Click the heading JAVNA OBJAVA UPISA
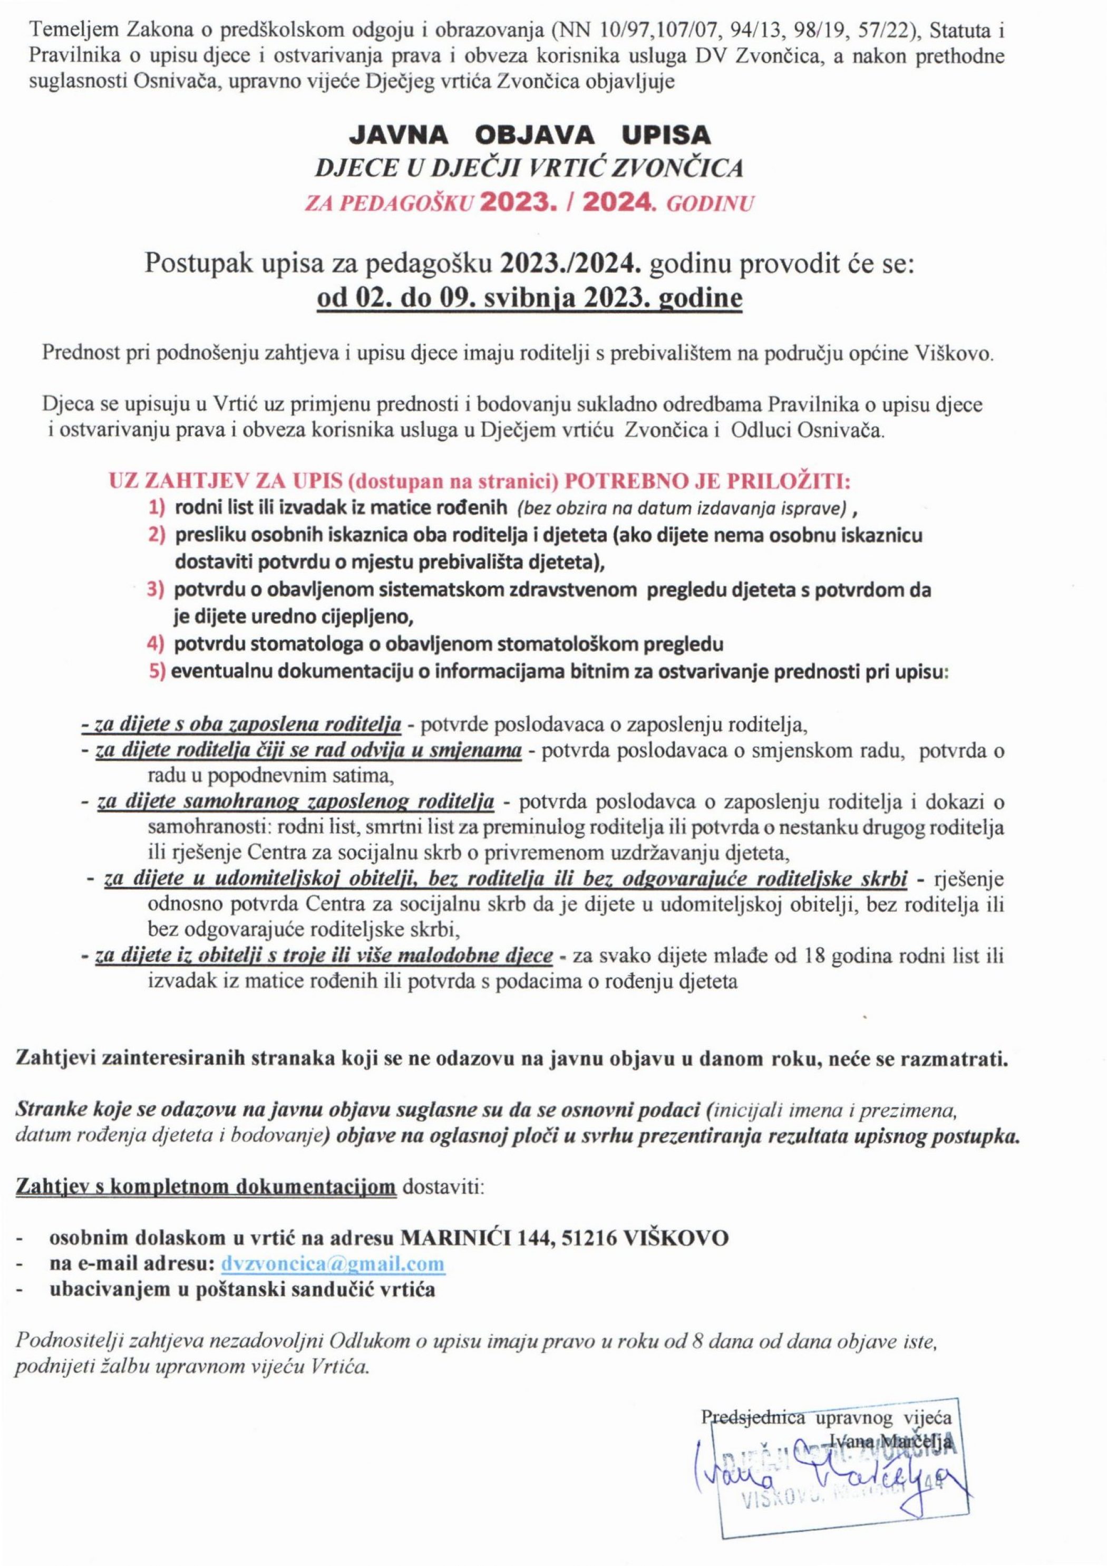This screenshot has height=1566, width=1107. tap(530, 137)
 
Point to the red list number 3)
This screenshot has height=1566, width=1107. tap(157, 590)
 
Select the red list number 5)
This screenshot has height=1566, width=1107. tap(157, 671)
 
